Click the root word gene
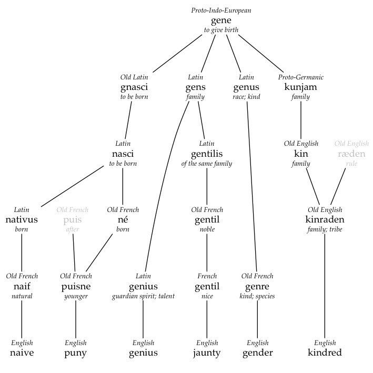pos(221,21)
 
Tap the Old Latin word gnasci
pos(134,87)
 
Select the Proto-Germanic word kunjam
pos(301,87)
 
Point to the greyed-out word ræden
pos(351,154)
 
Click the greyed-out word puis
pos(73,220)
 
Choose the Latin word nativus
pos(22,219)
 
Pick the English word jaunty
pos(207,353)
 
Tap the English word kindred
pos(325,352)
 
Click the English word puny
pos(75,353)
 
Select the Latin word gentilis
pos(207,154)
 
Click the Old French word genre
pos(257,287)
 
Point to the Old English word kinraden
pos(325,219)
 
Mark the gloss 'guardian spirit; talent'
pos(143,296)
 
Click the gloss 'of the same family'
pos(206,164)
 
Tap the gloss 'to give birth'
pos(221,30)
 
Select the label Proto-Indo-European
pos(221,11)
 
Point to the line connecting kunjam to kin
pos(301,120)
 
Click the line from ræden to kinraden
pos(338,186)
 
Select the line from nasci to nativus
pos(72,186)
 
